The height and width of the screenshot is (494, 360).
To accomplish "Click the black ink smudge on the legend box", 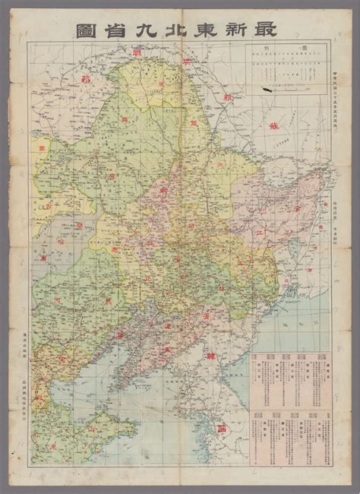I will click(x=270, y=89).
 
